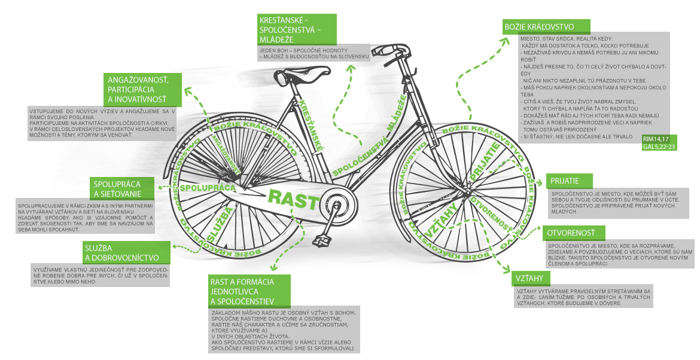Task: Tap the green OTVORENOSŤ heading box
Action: tap(573, 233)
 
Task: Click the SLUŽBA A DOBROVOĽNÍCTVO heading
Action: tap(126, 252)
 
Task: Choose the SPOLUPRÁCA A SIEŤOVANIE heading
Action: tap(124, 188)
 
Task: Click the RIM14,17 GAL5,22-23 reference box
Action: tap(659, 144)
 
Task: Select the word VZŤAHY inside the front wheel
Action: tap(436, 219)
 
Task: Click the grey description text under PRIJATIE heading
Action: tap(616, 203)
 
